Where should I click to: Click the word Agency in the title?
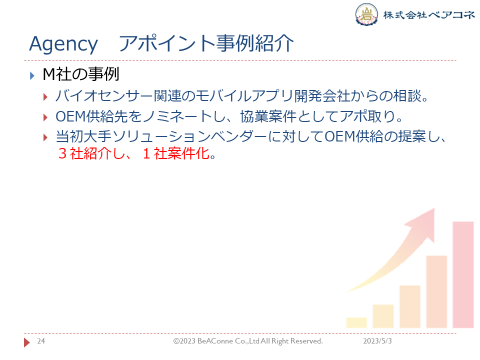pyautogui.click(x=63, y=44)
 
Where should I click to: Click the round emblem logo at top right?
pyautogui.click(x=366, y=14)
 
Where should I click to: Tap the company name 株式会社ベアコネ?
pyautogui.click(x=429, y=14)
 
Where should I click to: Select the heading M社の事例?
pyautogui.click(x=81, y=74)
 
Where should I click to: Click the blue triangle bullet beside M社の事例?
pyautogui.click(x=32, y=75)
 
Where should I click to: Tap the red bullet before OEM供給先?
pyautogui.click(x=45, y=117)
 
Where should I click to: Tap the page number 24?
pyautogui.click(x=41, y=341)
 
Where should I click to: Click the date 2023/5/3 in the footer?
pyautogui.click(x=377, y=341)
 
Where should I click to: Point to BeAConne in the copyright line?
pyautogui.click(x=215, y=341)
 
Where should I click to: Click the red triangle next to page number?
pyautogui.click(x=27, y=342)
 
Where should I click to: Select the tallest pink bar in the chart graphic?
pyautogui.click(x=463, y=274)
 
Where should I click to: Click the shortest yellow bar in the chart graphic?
pyautogui.click(x=356, y=322)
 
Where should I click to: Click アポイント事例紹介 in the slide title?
pyautogui.click(x=206, y=43)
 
